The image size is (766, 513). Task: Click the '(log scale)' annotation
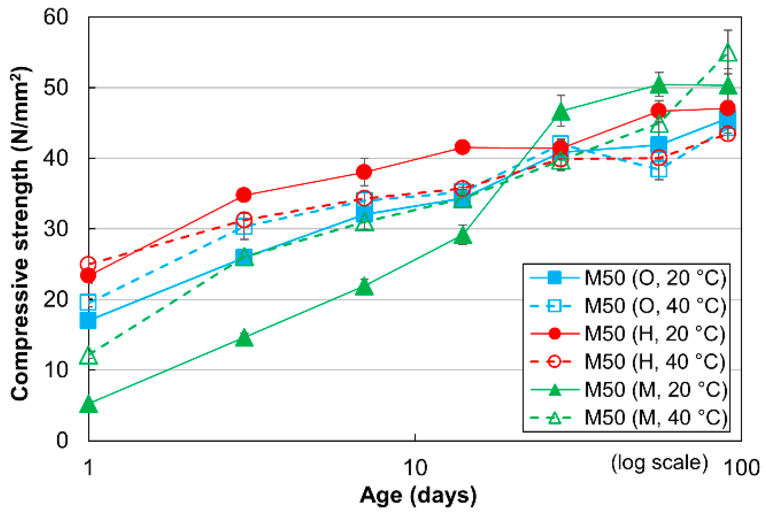coord(659,463)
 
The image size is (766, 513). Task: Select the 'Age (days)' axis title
coord(418,495)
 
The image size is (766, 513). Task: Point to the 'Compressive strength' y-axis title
coord(20,234)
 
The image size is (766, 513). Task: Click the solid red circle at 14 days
coord(462,147)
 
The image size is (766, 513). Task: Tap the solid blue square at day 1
coord(88,321)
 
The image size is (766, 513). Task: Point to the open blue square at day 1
coord(88,302)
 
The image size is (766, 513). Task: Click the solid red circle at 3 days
coord(244,195)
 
